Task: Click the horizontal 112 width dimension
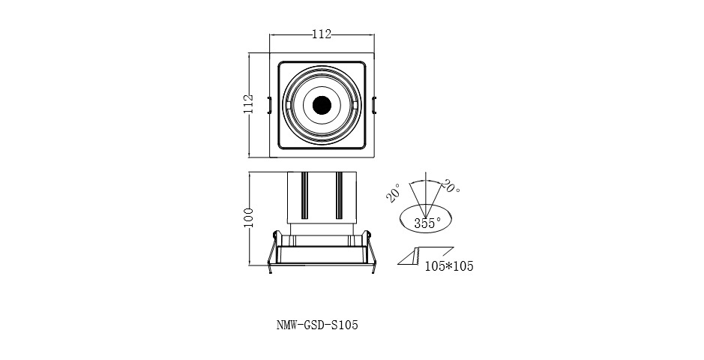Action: pyautogui.click(x=322, y=34)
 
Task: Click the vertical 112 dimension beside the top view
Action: pyautogui.click(x=249, y=104)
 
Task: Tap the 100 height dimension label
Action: pyautogui.click(x=249, y=218)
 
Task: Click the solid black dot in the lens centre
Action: pyautogui.click(x=322, y=105)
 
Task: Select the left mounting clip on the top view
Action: pyautogui.click(x=271, y=105)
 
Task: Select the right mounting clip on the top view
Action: pyautogui.click(x=373, y=105)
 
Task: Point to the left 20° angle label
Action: pyautogui.click(x=393, y=194)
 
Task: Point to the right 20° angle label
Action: pyautogui.click(x=451, y=186)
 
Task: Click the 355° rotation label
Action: pyautogui.click(x=427, y=223)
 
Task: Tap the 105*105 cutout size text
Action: pyautogui.click(x=449, y=266)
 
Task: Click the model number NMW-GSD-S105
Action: pyautogui.click(x=313, y=326)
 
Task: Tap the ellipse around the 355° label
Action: pyautogui.click(x=406, y=217)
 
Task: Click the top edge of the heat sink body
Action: pyautogui.click(x=322, y=172)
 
